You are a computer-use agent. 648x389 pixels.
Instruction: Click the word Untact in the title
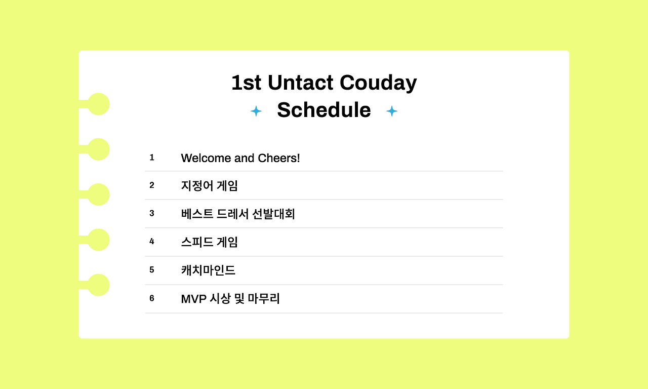click(300, 83)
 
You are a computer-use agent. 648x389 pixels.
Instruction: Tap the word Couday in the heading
click(378, 84)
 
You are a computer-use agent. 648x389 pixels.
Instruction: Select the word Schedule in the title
click(324, 110)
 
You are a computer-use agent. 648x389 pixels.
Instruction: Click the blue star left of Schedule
click(256, 111)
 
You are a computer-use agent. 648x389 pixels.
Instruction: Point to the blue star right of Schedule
click(392, 111)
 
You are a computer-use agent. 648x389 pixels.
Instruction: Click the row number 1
click(151, 158)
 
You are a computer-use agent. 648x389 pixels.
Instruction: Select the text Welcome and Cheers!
click(240, 158)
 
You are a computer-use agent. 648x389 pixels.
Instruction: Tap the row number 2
click(151, 185)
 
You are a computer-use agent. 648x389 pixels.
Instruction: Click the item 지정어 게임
click(210, 186)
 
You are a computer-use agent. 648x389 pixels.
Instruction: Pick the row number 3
click(151, 213)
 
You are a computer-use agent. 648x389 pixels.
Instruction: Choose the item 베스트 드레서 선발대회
click(238, 214)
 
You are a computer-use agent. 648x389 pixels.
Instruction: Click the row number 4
click(151, 242)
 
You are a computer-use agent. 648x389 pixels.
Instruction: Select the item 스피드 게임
click(210, 242)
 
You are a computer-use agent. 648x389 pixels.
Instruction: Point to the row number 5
click(151, 270)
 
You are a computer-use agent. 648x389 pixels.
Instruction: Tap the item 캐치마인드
click(208, 270)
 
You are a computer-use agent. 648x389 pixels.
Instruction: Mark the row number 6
click(151, 298)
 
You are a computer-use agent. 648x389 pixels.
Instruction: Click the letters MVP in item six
click(193, 299)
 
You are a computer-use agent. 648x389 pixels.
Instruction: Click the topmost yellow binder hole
click(98, 104)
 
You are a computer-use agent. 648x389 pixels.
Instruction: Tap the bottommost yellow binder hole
click(98, 285)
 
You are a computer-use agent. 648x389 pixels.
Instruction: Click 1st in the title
click(246, 83)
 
